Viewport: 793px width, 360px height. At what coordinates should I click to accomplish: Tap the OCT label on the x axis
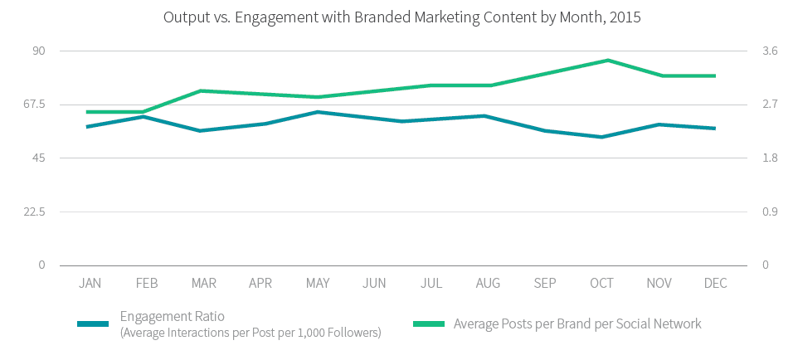[601, 284]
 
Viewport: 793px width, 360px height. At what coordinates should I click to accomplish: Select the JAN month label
[90, 284]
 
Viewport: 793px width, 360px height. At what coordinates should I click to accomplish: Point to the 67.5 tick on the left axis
[32, 105]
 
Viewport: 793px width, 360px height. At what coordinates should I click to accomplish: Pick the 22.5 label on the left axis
[32, 212]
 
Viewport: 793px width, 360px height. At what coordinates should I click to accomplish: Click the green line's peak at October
[607, 60]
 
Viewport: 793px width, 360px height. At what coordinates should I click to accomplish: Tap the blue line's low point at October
[601, 137]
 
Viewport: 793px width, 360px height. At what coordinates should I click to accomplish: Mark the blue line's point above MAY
[317, 111]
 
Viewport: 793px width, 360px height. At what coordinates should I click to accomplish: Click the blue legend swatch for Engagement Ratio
[93, 324]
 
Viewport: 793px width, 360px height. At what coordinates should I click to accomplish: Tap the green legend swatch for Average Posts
[426, 324]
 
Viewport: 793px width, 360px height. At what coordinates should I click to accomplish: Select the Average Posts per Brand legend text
[577, 324]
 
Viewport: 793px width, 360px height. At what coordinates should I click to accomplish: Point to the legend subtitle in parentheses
[251, 333]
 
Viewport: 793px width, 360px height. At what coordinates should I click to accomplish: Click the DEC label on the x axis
[715, 284]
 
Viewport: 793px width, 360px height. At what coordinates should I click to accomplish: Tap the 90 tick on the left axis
[38, 51]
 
